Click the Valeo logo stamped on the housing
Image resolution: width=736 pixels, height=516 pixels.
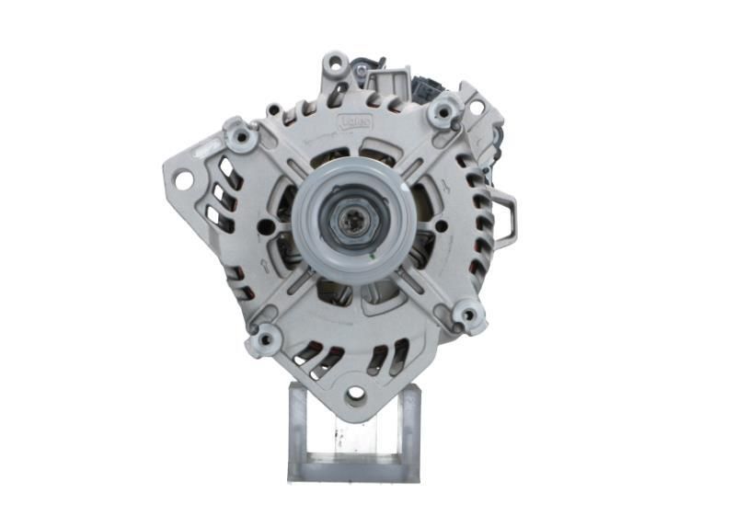click(355, 120)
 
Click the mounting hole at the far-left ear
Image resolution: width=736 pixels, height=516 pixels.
click(184, 179)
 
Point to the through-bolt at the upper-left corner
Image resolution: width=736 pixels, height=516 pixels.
click(242, 138)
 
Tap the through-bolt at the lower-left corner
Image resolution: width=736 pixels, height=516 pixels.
click(265, 339)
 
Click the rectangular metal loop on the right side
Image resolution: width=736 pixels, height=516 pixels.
click(505, 219)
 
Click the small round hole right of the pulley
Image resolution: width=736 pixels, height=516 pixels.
click(442, 225)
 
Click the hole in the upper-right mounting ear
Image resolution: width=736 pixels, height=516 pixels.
click(477, 107)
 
